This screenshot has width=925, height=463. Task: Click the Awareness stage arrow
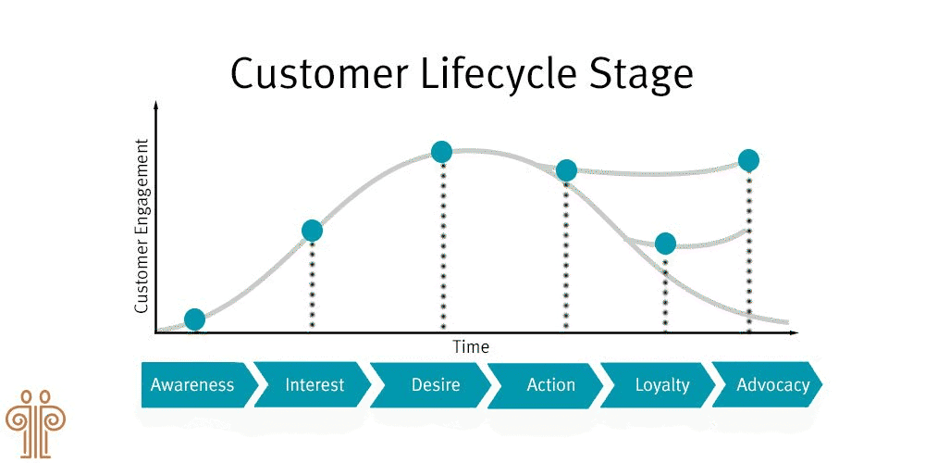[192, 384]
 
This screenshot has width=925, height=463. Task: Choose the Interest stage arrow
[314, 384]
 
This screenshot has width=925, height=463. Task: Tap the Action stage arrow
[550, 384]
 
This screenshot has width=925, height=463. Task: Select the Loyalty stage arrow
[661, 384]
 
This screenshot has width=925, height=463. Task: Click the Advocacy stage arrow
[772, 384]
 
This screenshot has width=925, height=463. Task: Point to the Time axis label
[471, 347]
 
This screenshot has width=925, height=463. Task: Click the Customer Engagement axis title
[142, 225]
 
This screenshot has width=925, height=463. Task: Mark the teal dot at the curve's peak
[442, 151]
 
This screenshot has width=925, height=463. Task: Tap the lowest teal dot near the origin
[194, 319]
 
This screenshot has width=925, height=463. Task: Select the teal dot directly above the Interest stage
[312, 231]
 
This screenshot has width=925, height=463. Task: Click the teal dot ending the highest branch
[748, 160]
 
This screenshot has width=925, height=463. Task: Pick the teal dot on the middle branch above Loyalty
[665, 244]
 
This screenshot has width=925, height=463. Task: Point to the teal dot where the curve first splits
[566, 170]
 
